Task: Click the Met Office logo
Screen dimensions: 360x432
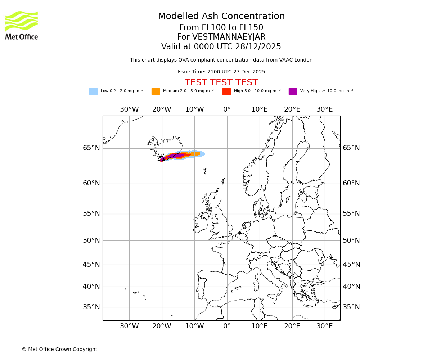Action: [22, 25]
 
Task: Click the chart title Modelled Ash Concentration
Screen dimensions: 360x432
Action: [221, 16]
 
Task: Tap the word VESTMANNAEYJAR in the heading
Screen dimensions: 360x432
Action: [229, 37]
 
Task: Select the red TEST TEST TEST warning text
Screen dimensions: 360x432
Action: [221, 82]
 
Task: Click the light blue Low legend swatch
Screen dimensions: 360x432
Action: [93, 91]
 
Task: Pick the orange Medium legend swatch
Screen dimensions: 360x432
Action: [156, 91]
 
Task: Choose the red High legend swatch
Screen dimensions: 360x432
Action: [226, 91]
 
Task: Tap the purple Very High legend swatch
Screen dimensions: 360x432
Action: [293, 91]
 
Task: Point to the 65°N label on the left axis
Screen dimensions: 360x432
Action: [91, 148]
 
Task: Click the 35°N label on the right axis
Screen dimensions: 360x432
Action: [351, 307]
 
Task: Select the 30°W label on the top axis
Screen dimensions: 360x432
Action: [129, 109]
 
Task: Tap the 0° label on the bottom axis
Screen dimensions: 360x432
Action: [227, 326]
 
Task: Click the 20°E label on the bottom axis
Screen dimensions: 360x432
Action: [292, 326]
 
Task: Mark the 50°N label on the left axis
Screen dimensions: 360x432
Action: [91, 240]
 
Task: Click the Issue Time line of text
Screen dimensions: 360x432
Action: [221, 72]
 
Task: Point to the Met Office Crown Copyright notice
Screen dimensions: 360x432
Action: [59, 349]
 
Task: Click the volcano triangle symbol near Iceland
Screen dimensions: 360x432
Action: [161, 158]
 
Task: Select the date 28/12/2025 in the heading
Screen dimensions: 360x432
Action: [258, 47]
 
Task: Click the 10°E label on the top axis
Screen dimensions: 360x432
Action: [259, 109]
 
